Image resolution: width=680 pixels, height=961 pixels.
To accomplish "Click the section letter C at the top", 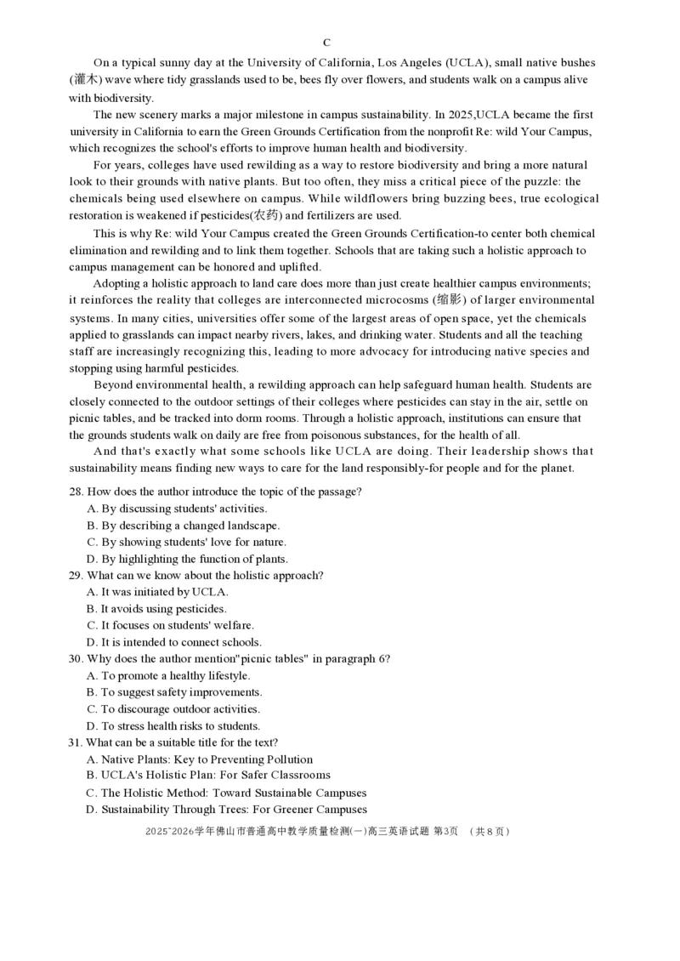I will tap(327, 43).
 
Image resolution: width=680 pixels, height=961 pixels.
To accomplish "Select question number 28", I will tap(76, 492).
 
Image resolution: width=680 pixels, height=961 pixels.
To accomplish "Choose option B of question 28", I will tap(184, 526).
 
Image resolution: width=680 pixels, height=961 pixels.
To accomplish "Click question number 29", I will tap(76, 576).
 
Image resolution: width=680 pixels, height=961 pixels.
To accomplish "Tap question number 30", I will tap(76, 659).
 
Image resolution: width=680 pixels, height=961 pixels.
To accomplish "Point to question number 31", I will tap(76, 742).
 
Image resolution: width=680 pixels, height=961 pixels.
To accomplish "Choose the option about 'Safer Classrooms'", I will tap(208, 776).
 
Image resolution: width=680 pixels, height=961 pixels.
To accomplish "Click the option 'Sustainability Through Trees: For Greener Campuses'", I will tap(227, 810).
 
